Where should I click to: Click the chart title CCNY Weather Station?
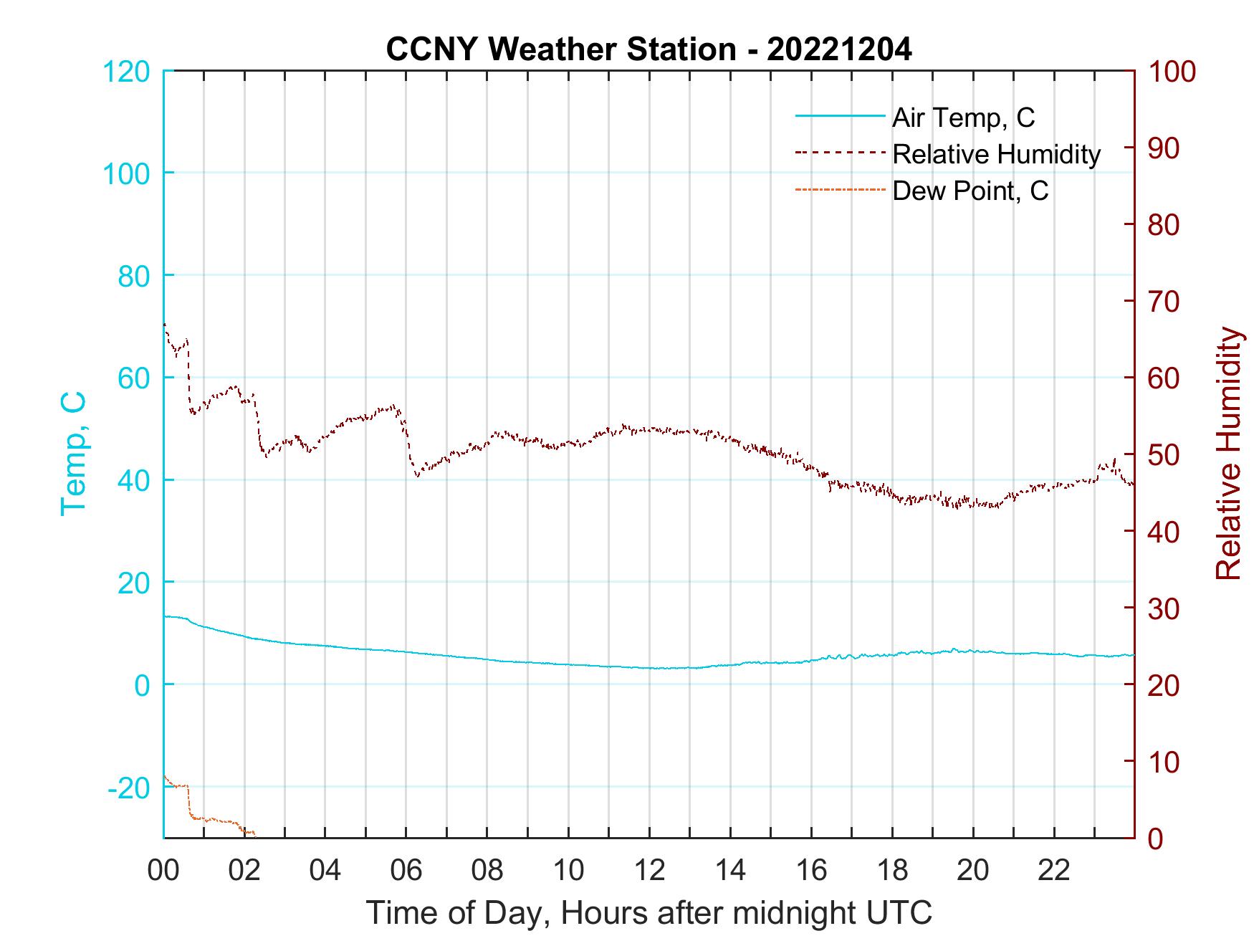coord(648,49)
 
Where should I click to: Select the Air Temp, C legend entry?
coord(962,118)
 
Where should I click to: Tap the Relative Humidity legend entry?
coord(995,154)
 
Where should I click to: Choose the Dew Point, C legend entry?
coord(970,191)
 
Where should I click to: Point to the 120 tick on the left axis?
coord(127,72)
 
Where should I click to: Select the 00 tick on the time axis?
coord(163,871)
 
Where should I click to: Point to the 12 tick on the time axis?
coord(649,871)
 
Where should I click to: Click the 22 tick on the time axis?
coord(1054,871)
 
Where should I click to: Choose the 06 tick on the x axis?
coord(406,871)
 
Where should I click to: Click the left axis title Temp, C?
coord(73,454)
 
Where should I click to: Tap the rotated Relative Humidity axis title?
coord(1228,454)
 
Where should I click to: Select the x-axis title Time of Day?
coord(648,913)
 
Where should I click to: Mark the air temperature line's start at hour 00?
coord(166,616)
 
